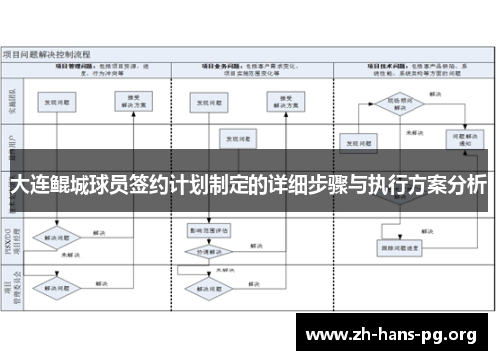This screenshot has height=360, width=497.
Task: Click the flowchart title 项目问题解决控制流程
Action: coord(48,52)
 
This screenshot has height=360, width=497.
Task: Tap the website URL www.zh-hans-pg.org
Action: coord(393,332)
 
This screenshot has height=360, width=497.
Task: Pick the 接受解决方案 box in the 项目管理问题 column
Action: coord(140,102)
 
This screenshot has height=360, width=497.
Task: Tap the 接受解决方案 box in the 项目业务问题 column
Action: coord(283,102)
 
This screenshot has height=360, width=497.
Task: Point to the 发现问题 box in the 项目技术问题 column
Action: coord(359,142)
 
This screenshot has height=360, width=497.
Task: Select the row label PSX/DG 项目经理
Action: coord(13,242)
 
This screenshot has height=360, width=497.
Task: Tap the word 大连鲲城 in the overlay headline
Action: coord(49,186)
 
